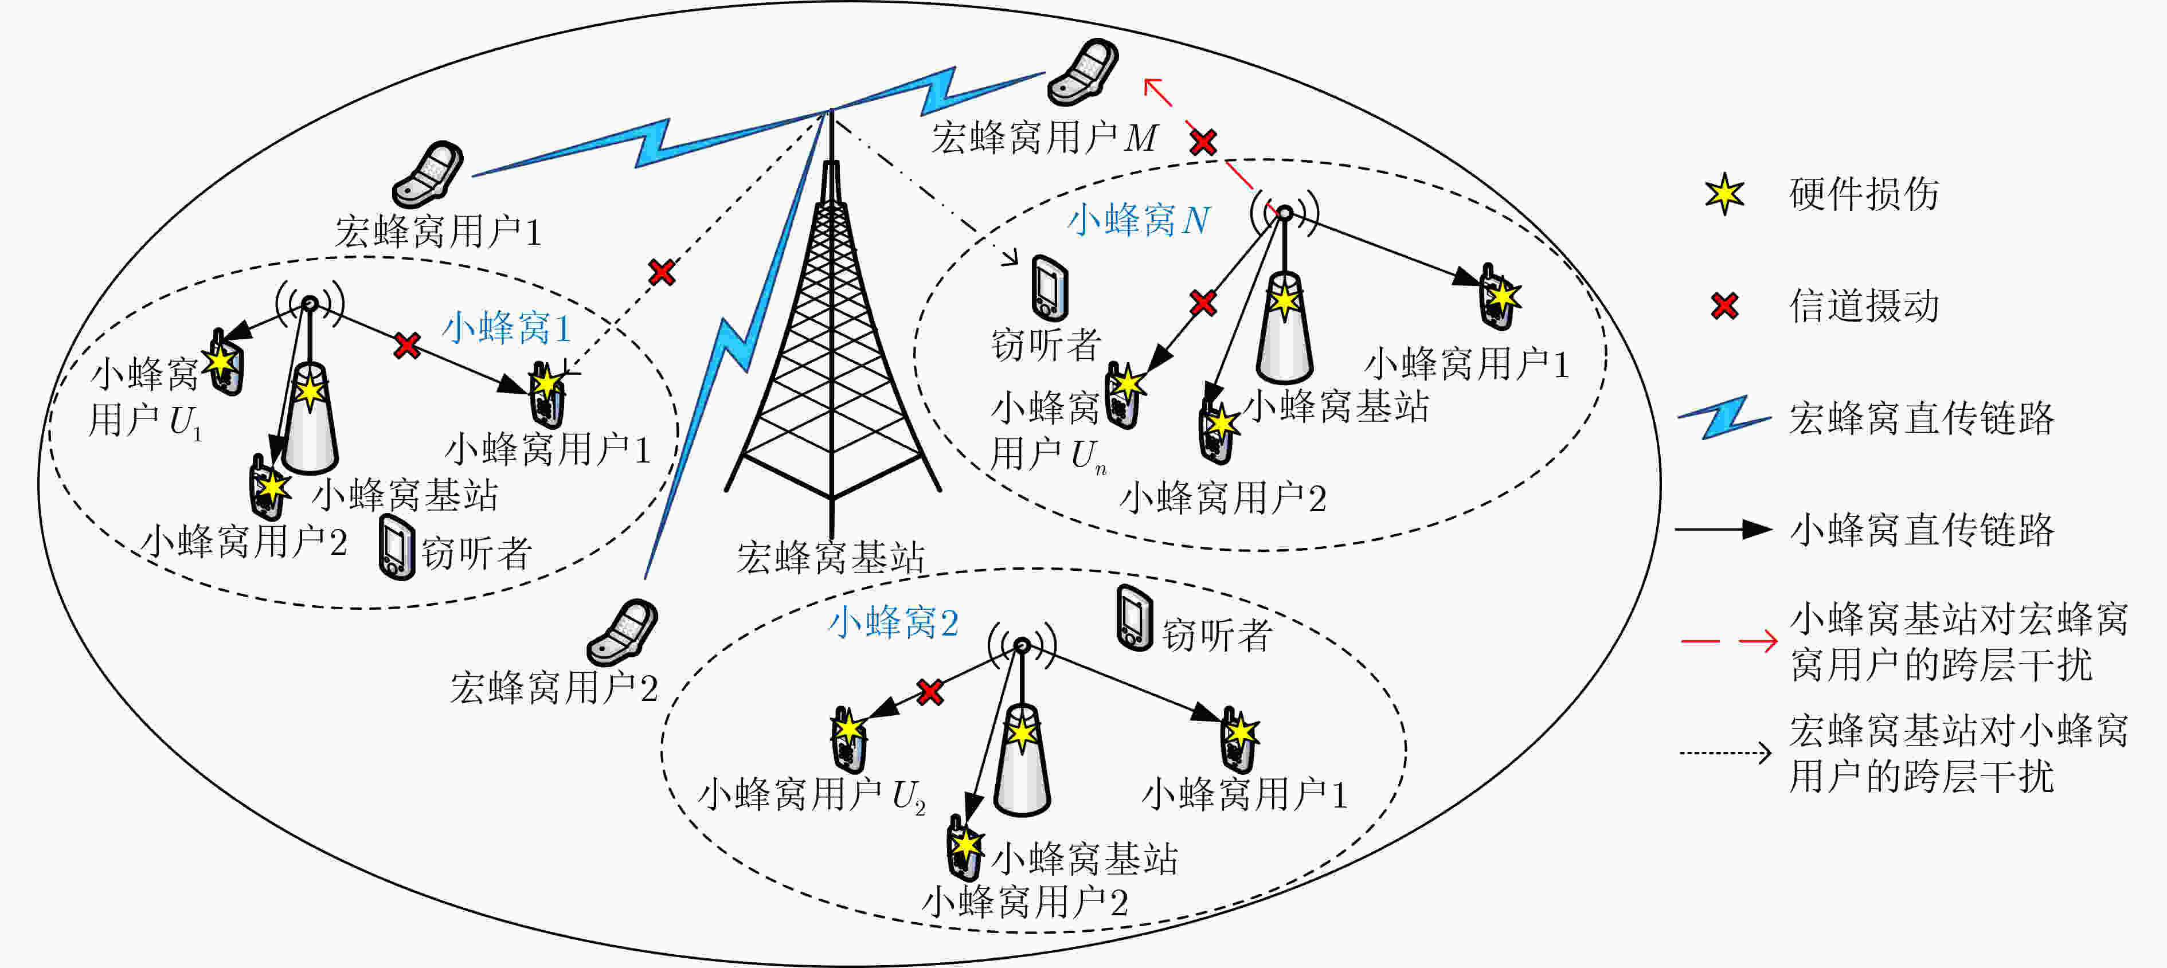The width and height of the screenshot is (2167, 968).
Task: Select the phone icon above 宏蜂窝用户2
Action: (623, 632)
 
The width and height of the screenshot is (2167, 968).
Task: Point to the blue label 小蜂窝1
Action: (507, 327)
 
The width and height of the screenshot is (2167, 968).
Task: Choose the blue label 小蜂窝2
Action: (893, 622)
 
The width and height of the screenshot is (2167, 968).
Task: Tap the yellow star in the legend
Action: (1724, 194)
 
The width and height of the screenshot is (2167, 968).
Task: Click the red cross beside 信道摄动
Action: (1724, 305)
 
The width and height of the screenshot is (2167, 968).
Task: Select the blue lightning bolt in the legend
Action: (1724, 417)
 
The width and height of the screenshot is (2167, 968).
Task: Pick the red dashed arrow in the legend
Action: (1728, 642)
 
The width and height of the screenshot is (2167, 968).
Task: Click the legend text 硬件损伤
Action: (1864, 194)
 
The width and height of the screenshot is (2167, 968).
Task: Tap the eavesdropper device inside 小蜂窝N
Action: (1050, 288)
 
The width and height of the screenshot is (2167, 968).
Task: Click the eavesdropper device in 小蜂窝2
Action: (1134, 618)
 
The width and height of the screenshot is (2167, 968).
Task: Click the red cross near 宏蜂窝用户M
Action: (1203, 142)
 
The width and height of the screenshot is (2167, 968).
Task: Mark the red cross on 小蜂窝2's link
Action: (929, 692)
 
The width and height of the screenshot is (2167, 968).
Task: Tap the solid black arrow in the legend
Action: (1724, 529)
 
